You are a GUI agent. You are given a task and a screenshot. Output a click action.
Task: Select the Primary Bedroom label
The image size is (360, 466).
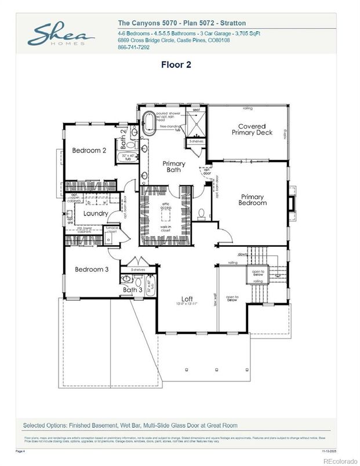253,200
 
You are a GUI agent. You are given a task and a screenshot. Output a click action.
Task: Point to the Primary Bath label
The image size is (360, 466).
173,166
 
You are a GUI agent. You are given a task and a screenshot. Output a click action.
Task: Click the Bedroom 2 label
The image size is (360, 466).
89,151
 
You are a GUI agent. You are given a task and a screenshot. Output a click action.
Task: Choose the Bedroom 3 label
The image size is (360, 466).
91,270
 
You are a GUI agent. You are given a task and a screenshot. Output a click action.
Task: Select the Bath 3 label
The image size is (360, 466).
132,289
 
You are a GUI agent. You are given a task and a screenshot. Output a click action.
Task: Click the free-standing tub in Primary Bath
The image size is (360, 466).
147,122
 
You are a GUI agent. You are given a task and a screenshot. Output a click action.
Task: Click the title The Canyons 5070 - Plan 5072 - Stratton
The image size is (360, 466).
181,23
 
